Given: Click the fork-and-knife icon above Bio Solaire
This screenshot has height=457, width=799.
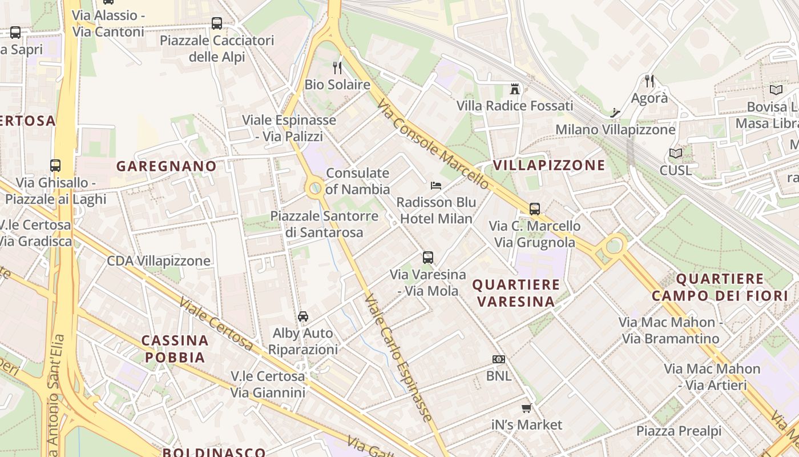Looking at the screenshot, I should (337, 68).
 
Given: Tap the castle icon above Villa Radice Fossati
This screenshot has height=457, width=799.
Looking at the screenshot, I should (515, 89).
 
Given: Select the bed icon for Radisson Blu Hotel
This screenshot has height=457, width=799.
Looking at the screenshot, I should (436, 185).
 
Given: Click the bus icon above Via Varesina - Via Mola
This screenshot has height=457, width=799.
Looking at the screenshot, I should (428, 258).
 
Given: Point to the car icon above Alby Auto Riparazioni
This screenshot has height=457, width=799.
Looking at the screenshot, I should (303, 316).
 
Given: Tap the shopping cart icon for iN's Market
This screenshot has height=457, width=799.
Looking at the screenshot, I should (527, 408).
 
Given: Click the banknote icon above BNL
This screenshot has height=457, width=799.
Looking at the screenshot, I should (499, 359).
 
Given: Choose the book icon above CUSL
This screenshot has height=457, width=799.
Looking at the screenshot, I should (676, 153).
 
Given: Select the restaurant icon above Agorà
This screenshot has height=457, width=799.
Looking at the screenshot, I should (649, 81).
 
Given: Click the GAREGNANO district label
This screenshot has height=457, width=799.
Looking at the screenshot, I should (167, 166).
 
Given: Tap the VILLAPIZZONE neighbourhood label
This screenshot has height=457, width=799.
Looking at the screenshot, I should (548, 166).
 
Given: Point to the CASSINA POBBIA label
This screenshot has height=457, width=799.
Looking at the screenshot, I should (175, 349).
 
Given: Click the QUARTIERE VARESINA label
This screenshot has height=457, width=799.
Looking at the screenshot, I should (516, 292).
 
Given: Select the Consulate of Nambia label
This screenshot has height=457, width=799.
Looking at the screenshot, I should (358, 181).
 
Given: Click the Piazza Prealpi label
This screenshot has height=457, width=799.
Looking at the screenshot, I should (679, 431).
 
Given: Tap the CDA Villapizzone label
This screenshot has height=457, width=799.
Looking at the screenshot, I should (159, 261).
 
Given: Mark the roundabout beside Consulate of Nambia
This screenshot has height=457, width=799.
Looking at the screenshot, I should (314, 188).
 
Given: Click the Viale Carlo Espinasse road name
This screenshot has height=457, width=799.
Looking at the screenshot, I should (397, 358).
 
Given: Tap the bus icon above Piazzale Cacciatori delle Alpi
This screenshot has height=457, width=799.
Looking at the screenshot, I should (217, 23).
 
